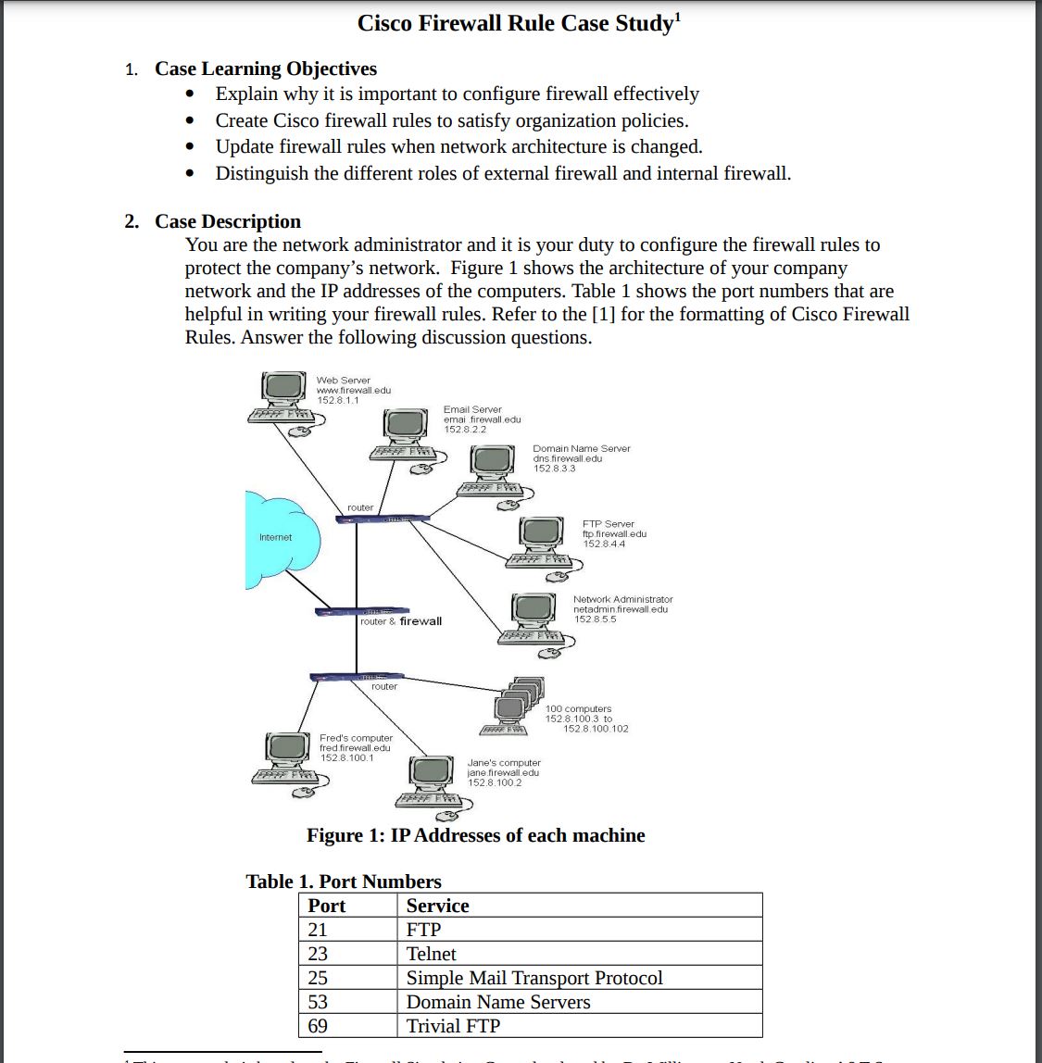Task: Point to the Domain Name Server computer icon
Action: coord(491,468)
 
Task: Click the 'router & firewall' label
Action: coord(400,621)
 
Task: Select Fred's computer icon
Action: coord(288,755)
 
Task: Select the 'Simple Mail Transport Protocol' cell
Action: coord(534,978)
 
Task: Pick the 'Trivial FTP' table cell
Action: coord(453,1026)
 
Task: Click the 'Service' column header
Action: coord(438,906)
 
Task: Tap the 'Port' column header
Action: coord(327,906)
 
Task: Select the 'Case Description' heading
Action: coord(228,221)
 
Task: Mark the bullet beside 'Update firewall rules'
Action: coord(190,147)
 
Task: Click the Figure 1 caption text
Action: coord(475,835)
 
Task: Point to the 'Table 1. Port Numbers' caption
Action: coord(343,882)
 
